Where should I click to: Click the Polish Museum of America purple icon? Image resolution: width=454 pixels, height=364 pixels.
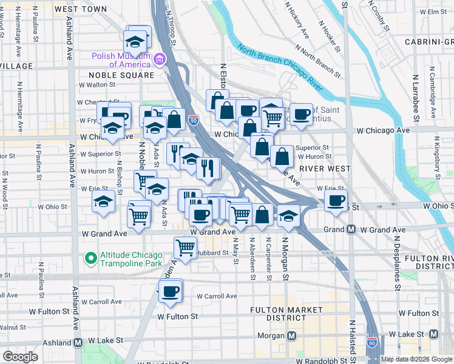click(160, 59)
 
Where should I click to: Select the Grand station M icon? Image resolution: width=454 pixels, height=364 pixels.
click(351, 230)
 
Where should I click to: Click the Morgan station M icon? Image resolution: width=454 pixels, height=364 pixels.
click(292, 335)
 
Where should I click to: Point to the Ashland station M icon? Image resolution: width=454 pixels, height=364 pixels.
click(78, 343)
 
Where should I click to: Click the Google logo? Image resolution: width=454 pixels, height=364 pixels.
click(20, 357)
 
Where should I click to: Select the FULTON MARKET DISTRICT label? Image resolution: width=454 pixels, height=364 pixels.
click(287, 314)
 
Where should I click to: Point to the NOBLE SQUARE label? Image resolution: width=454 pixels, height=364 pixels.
click(121, 75)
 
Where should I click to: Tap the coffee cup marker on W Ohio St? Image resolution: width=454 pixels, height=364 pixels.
click(336, 200)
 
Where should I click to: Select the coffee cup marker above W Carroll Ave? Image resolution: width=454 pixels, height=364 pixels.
click(171, 290)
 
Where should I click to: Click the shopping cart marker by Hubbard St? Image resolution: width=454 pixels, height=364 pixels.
click(185, 247)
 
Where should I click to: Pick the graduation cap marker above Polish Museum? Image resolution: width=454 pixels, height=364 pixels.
click(135, 41)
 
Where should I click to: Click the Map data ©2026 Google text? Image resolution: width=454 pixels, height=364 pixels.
click(416, 359)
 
